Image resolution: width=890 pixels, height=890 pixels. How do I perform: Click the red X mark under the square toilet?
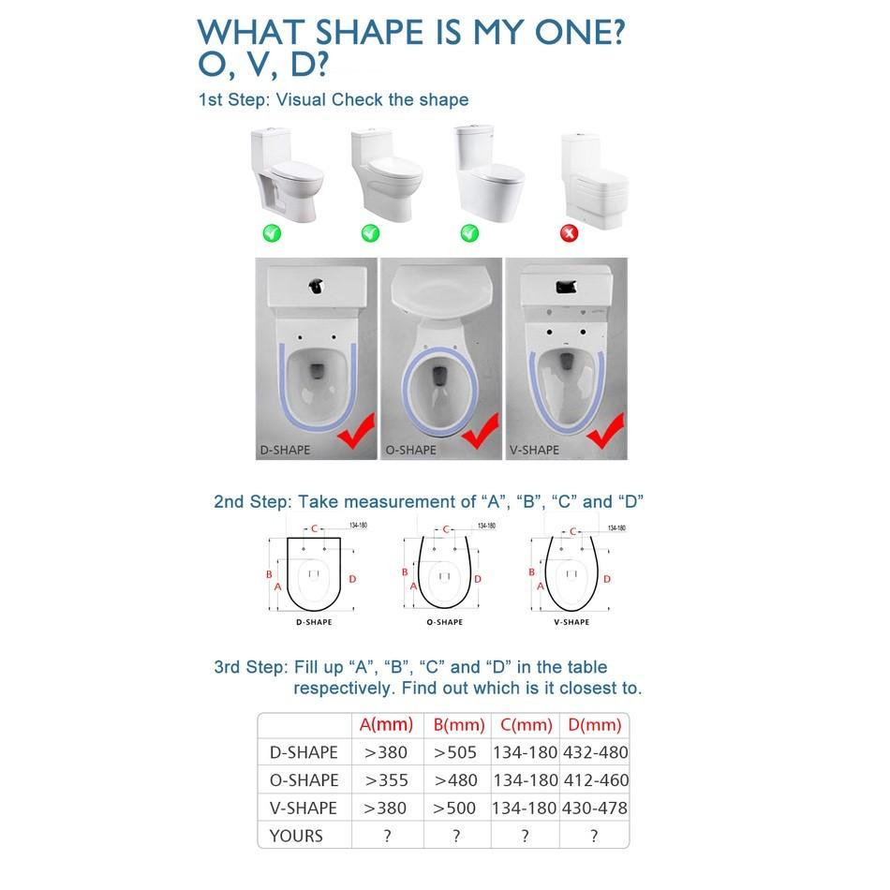coord(568,232)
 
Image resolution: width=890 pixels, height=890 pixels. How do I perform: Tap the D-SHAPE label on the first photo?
coord(285,450)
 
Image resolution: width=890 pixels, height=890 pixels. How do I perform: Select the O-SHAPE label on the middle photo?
coord(410,450)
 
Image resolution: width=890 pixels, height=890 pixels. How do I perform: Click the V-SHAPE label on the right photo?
coord(533,450)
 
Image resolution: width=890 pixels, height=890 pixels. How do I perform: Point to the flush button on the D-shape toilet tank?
coord(317,284)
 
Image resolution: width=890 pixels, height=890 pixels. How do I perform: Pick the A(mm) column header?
coord(386,725)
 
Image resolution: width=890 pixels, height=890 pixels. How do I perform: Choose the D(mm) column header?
coord(594,725)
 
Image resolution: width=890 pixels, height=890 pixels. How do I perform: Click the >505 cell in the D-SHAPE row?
coord(455,752)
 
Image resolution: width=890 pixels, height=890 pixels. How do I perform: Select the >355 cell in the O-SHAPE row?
coord(386,780)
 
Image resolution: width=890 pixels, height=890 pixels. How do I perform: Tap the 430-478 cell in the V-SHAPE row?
coord(594,808)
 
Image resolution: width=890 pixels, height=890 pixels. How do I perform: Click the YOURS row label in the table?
coord(296,836)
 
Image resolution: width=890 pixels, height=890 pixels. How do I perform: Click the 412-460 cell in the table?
coord(594,780)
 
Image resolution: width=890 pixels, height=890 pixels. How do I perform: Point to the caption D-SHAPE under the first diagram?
coord(314,622)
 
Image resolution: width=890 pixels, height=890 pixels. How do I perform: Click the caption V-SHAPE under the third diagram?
coord(571,622)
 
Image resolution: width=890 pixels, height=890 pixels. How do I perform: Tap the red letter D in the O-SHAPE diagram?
coord(478,579)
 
